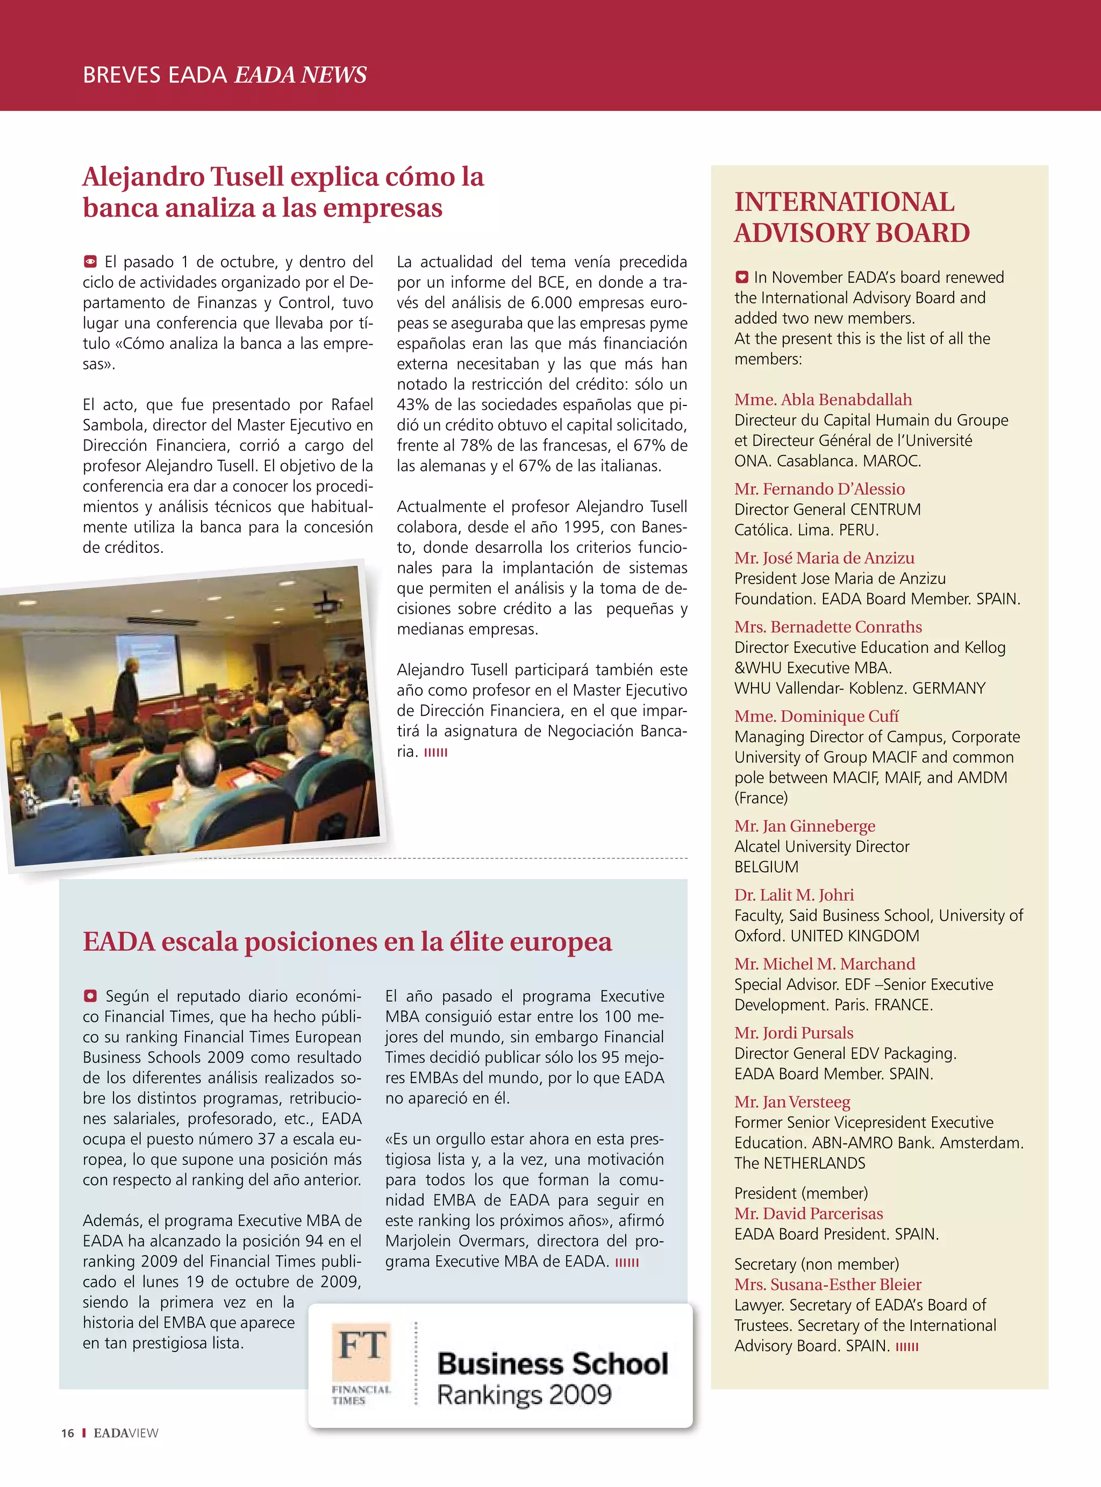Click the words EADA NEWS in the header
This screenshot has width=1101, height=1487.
click(x=300, y=75)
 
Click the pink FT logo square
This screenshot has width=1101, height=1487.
click(x=361, y=1351)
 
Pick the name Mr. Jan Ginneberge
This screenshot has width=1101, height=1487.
click(x=804, y=826)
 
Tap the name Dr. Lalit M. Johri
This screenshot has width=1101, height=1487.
click(x=793, y=894)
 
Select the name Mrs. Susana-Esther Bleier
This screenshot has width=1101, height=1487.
click(x=828, y=1284)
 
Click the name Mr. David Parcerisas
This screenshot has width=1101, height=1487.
click(x=809, y=1213)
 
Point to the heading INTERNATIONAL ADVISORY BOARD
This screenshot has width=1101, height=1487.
click(x=851, y=217)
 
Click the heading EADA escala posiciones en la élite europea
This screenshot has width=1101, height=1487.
click(x=347, y=941)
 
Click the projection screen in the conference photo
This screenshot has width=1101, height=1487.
click(x=148, y=663)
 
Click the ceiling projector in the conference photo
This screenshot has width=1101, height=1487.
click(x=325, y=606)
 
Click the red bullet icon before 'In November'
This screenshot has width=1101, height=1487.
click(x=742, y=276)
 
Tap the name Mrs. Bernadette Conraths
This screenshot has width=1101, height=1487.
click(x=828, y=627)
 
